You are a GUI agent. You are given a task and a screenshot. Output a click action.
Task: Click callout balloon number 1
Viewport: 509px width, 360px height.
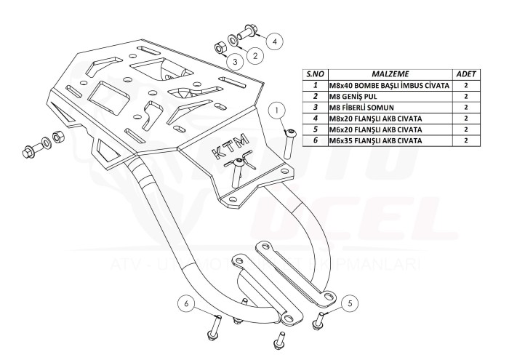pos(278,111)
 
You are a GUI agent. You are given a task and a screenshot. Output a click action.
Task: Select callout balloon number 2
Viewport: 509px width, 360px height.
pos(254,55)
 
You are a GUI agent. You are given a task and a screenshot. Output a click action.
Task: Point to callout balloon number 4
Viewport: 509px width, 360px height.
pos(275,41)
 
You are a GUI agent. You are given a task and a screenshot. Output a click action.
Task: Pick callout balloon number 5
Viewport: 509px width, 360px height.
pos(350,303)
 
